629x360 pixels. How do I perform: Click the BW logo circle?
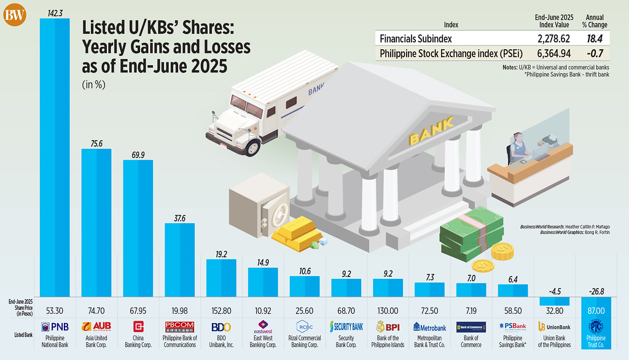point(15,15)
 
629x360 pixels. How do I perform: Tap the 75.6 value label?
point(96,143)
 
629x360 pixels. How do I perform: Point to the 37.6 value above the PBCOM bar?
point(180,217)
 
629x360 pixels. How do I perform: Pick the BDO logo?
point(222,326)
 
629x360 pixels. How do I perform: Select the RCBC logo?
point(305,326)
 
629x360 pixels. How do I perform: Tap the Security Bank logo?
point(347,326)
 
